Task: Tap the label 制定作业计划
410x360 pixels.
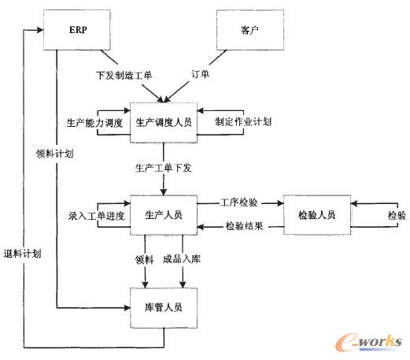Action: [x=244, y=124]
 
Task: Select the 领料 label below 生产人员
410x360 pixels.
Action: [x=142, y=258]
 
